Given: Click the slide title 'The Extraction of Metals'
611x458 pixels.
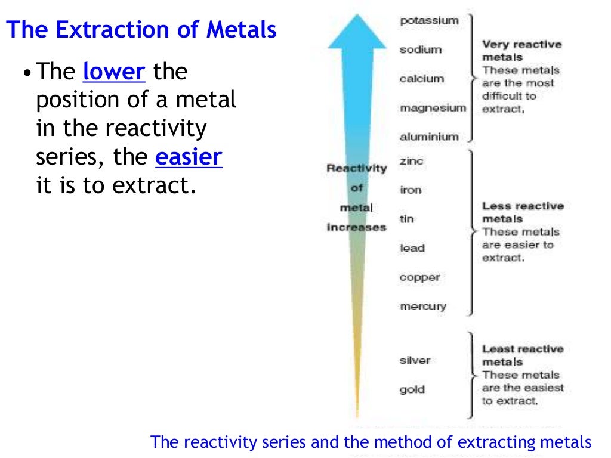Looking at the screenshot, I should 141,30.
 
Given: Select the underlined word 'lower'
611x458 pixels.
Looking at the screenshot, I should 114,72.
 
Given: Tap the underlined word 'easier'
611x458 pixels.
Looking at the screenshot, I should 189,158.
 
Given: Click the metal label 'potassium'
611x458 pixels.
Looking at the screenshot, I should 429,20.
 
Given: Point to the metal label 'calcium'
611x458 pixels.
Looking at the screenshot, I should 422,79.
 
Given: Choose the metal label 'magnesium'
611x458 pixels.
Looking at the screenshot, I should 433,108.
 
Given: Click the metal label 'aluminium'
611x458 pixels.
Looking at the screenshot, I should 429,137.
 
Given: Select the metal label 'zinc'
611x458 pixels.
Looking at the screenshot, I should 412,161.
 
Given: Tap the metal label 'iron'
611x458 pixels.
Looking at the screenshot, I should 411,190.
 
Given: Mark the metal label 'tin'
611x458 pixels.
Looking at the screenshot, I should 406,219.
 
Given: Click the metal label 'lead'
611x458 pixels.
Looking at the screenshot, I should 412,248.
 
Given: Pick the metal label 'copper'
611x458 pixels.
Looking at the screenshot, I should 419,277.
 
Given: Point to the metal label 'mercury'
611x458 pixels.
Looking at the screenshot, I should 422,307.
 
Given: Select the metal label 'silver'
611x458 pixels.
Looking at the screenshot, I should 415,360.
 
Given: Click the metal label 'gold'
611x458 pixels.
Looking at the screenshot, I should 412,389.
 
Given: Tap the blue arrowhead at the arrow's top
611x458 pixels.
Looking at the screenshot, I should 357,33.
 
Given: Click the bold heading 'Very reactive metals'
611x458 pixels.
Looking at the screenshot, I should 521,51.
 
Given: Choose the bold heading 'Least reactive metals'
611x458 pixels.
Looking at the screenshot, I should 523,355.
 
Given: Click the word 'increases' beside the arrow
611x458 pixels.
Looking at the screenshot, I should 356,227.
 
